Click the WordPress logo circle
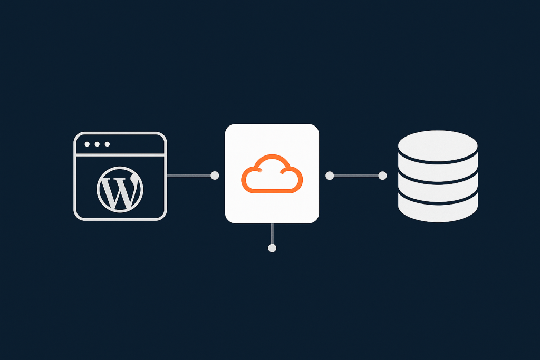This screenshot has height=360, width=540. (120, 190)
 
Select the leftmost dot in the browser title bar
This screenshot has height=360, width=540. (87, 144)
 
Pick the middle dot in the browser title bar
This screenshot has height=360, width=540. (97, 144)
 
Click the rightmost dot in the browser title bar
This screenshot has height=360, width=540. (107, 144)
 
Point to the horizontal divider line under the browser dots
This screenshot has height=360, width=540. (120, 155)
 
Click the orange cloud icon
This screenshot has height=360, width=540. (272, 174)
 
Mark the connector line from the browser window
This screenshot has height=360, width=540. (189, 176)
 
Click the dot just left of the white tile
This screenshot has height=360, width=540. (215, 176)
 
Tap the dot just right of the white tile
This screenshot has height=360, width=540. (330, 176)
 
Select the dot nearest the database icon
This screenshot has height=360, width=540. (382, 176)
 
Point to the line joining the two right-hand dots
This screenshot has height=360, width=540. (356, 176)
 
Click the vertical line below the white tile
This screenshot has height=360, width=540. (272, 233)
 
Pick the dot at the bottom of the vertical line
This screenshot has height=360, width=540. (272, 248)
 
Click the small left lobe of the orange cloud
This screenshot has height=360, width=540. (250, 179)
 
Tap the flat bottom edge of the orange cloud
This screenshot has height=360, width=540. (272, 191)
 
